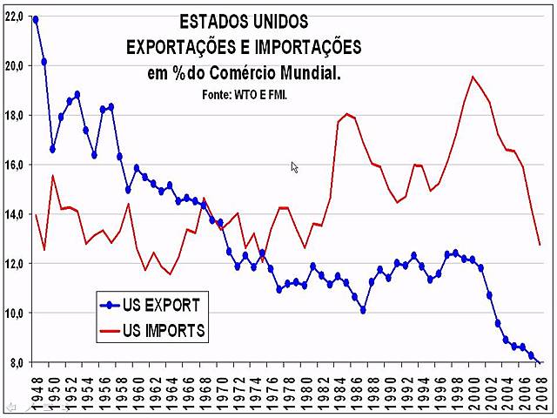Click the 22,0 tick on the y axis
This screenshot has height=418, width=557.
click(x=14, y=17)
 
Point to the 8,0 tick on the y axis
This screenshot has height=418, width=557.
click(x=14, y=362)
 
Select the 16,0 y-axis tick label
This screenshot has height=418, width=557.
click(x=14, y=165)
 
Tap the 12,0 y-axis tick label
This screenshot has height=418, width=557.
click(x=14, y=264)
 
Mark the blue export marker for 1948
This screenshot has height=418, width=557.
click(x=36, y=18)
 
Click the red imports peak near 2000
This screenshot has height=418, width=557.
click(x=473, y=77)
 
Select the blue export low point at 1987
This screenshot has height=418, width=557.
click(x=363, y=310)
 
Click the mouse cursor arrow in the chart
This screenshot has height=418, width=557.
click(x=294, y=166)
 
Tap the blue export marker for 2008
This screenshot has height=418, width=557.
click(x=540, y=362)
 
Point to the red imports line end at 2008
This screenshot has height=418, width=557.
click(x=540, y=245)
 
